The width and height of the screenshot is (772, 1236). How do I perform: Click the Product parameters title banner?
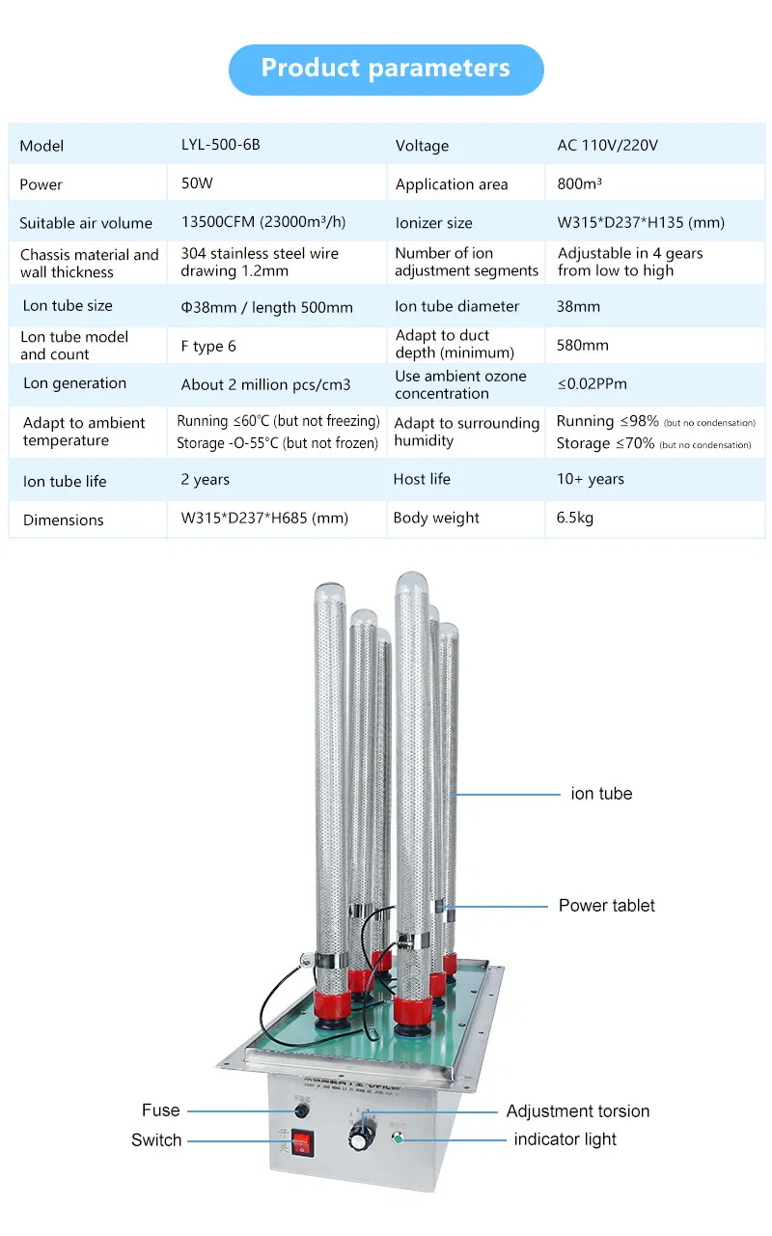click(386, 69)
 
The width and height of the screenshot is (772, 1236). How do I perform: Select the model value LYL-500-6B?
click(220, 145)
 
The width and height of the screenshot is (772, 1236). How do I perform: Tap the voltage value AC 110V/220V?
click(607, 145)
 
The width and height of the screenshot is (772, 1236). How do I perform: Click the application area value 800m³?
click(579, 183)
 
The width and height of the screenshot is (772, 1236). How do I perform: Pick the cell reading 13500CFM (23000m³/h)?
click(262, 222)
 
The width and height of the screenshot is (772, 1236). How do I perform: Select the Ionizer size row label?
click(433, 223)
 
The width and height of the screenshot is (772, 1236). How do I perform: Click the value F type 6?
click(207, 346)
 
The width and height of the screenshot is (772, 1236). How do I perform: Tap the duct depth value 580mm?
click(582, 345)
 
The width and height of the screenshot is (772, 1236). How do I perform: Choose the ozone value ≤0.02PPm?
click(592, 383)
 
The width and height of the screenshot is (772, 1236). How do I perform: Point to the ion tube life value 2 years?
click(205, 479)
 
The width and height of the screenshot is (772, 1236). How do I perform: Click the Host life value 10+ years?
click(590, 479)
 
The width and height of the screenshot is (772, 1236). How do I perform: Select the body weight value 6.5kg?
click(574, 518)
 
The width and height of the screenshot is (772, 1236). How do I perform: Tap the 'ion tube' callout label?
click(601, 794)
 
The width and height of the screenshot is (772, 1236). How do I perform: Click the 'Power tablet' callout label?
click(606, 906)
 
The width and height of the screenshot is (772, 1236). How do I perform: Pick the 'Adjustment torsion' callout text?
click(577, 1111)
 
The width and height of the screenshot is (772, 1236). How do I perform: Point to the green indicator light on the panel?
click(397, 1138)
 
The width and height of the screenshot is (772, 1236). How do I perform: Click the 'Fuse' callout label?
click(160, 1110)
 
